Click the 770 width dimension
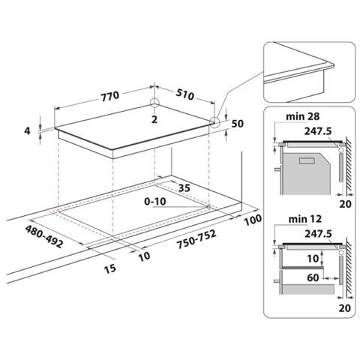(x=110, y=96)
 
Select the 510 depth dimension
(x=184, y=94)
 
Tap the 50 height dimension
(x=237, y=124)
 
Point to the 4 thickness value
(x=27, y=130)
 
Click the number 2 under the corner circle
(x=154, y=119)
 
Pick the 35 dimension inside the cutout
(x=184, y=187)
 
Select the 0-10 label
(x=155, y=201)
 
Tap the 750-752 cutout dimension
(x=196, y=239)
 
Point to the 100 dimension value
(x=253, y=220)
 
